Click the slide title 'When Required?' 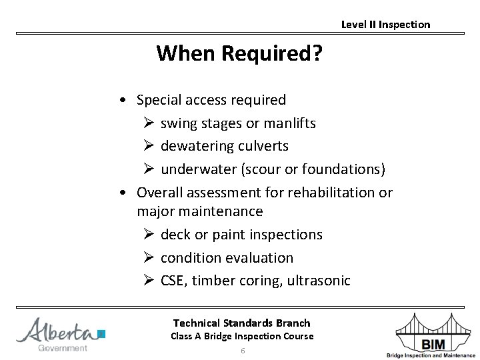pos(239,53)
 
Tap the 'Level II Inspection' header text pos(385,25)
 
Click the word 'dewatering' pos(194,146)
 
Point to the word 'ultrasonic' pos(319,281)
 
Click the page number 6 pos(243,351)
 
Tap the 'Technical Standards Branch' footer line pos(242,323)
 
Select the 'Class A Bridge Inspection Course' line pos(242,336)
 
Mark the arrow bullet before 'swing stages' pos(148,124)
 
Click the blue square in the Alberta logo pos(101,334)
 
